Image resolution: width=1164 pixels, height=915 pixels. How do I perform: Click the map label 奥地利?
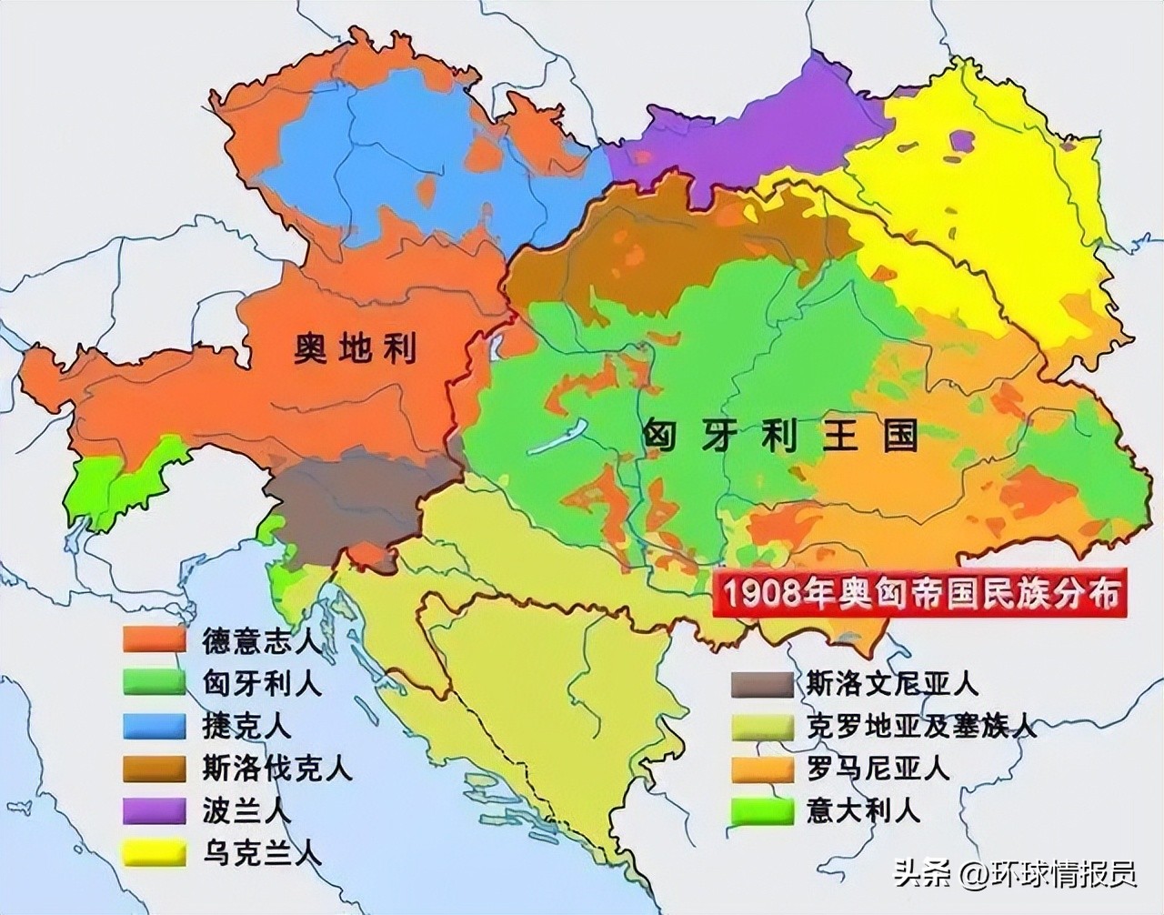[355, 347]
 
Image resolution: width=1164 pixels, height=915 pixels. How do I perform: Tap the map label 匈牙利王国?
[779, 437]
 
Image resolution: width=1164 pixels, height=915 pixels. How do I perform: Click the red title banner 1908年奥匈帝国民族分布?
[918, 594]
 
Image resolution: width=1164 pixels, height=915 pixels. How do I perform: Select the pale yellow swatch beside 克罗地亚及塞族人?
[761, 726]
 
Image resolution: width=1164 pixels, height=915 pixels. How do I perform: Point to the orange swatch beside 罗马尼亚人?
[761, 769]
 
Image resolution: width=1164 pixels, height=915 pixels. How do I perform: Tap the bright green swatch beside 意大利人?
[761, 811]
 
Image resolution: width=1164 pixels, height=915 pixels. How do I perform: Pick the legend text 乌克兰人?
[261, 854]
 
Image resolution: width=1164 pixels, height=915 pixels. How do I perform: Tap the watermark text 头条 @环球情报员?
[1015, 875]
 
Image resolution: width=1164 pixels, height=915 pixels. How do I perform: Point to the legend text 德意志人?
[261, 639]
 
